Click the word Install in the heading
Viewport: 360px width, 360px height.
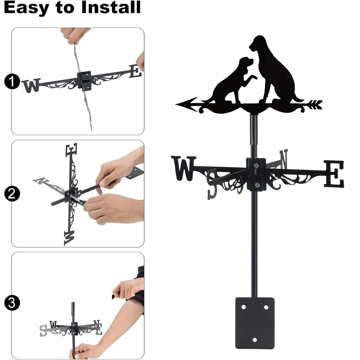(x=111, y=7)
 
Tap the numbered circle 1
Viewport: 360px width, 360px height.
(x=12, y=81)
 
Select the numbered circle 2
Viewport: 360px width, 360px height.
(x=12, y=194)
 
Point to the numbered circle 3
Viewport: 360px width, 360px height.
(x=12, y=303)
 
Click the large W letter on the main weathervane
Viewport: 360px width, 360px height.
(x=184, y=168)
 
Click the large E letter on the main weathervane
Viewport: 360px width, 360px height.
(x=334, y=174)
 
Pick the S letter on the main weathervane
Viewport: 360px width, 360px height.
(x=212, y=184)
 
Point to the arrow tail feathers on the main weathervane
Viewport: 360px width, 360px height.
(x=315, y=104)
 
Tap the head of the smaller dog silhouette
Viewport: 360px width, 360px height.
(x=246, y=62)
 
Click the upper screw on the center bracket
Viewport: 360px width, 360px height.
(x=256, y=165)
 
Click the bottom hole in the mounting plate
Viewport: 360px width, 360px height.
(x=255, y=340)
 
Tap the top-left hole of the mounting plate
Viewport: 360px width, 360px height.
(x=244, y=307)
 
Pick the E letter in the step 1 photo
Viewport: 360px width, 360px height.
(x=135, y=71)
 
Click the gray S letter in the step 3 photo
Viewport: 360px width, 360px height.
(x=43, y=330)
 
